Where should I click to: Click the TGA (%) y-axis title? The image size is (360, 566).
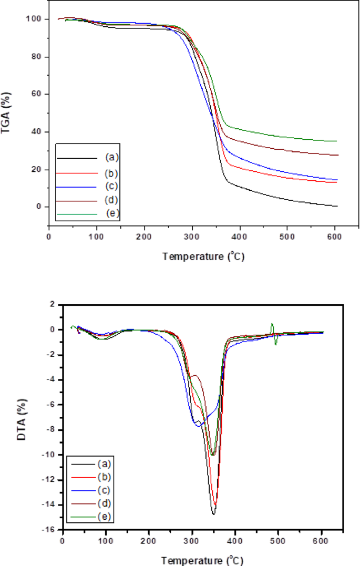coord(7,113)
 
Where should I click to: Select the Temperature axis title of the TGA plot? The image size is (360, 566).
coord(203,256)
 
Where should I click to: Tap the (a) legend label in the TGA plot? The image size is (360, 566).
coord(111,157)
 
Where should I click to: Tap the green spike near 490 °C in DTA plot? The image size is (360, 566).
coord(272,325)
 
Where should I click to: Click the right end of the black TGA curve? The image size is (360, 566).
coord(336,206)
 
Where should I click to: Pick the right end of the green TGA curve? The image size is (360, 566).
coord(336,141)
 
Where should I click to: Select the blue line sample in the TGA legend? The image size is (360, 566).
coord(77,186)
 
